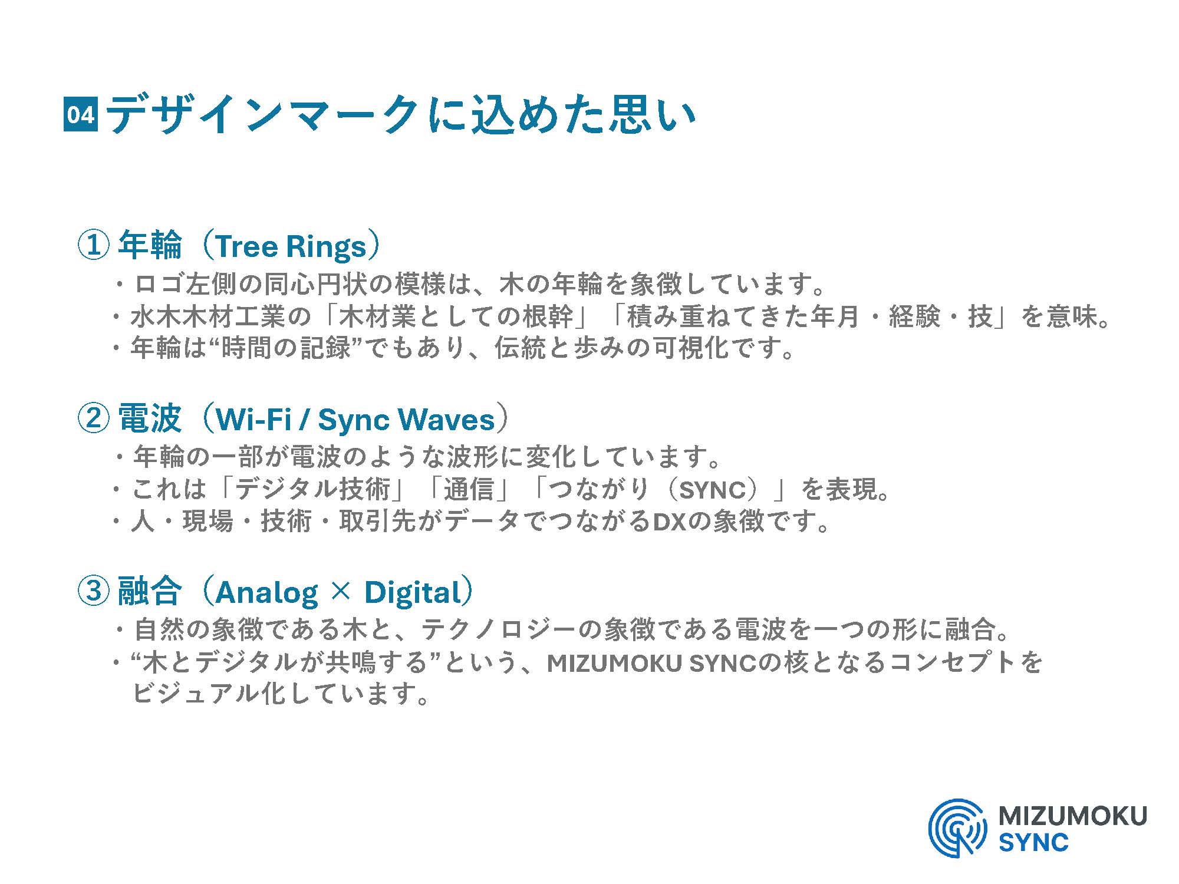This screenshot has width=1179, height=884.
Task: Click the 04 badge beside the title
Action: [80, 114]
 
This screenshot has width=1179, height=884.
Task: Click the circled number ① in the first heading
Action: [94, 245]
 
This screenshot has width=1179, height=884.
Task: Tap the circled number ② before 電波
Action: [94, 418]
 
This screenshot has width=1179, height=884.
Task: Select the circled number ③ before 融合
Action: [94, 592]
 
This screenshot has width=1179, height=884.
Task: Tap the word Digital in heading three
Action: [413, 593]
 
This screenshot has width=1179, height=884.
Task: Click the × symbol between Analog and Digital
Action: [341, 592]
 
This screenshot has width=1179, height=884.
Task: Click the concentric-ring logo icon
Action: [957, 827]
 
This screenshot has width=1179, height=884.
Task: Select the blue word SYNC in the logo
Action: [1033, 842]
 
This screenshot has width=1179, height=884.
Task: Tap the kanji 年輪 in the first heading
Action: [150, 245]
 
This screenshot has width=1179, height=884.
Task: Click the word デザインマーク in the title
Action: [263, 114]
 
